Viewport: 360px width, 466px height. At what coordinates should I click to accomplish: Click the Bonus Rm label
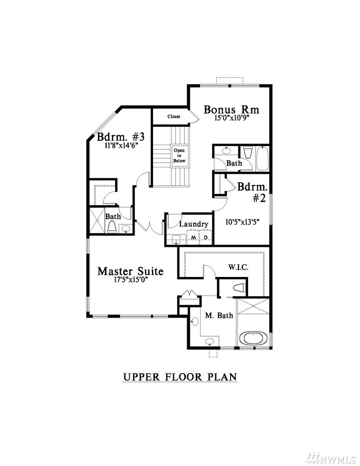pyautogui.click(x=232, y=110)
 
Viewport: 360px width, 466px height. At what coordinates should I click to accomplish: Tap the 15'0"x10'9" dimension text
pyautogui.click(x=232, y=118)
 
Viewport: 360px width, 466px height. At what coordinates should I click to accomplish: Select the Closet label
pyautogui.click(x=174, y=116)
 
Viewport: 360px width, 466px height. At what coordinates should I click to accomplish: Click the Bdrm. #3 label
pyautogui.click(x=121, y=137)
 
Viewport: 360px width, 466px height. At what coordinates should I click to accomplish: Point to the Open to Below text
pyautogui.click(x=179, y=156)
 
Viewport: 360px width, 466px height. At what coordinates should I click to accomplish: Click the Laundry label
pyautogui.click(x=194, y=224)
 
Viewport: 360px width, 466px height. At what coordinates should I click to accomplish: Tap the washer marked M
pyautogui.click(x=193, y=238)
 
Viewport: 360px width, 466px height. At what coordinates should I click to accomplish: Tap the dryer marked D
pyautogui.click(x=206, y=238)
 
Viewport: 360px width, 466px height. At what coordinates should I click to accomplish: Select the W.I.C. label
pyautogui.click(x=238, y=268)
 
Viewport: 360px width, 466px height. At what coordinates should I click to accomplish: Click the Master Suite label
pyautogui.click(x=130, y=271)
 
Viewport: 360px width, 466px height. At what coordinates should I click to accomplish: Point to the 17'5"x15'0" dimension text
pyautogui.click(x=131, y=280)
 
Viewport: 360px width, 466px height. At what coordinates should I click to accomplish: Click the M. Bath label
pyautogui.click(x=219, y=315)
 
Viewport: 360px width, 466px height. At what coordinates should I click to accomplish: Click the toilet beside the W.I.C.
pyautogui.click(x=240, y=288)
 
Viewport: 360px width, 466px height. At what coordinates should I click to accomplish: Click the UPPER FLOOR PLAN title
pyautogui.click(x=180, y=377)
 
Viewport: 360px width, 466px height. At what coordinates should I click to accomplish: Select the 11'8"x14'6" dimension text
pyautogui.click(x=122, y=145)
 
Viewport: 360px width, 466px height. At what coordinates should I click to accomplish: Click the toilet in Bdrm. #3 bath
pyautogui.click(x=112, y=227)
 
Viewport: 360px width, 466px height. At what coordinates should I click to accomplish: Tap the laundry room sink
pyautogui.click(x=177, y=239)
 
